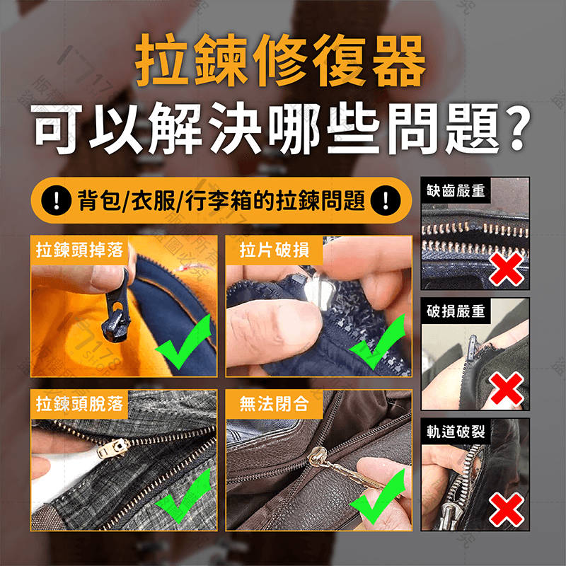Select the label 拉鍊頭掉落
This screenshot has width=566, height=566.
pos(80,250)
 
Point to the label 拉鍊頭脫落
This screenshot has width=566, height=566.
pos(80,404)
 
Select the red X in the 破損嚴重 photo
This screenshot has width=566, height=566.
pos(507,388)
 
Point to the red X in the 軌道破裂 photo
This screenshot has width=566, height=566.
pos(507,509)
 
